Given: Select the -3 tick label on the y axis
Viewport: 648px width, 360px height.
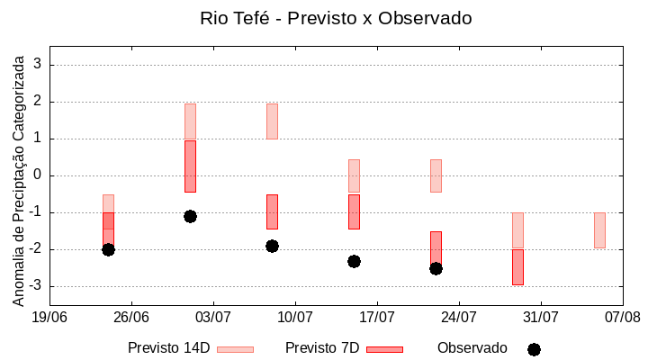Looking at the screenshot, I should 35,286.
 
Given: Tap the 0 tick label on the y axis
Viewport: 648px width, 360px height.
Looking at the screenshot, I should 38,175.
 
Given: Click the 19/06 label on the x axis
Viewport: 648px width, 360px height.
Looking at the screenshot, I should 49,317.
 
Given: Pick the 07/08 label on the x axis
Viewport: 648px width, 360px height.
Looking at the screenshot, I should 622,317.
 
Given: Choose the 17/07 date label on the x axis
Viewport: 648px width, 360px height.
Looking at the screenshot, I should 377,317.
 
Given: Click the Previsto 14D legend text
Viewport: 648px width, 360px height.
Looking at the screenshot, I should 169,347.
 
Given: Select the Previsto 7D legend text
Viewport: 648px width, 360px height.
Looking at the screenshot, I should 322,347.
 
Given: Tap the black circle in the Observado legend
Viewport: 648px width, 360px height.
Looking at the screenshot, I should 534,349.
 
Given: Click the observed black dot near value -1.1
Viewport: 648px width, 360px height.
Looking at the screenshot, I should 190,216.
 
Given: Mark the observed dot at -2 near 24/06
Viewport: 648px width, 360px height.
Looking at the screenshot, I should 108,249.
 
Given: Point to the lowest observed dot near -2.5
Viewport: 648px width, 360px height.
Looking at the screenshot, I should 436,268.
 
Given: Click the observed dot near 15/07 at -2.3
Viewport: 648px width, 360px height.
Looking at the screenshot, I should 354,261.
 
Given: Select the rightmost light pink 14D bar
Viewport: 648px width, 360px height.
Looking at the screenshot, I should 599,230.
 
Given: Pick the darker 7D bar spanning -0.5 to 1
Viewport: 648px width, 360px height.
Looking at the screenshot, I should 190,166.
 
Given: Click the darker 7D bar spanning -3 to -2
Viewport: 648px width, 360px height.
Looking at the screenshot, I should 517,267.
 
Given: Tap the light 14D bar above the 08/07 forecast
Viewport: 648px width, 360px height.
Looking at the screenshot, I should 272,121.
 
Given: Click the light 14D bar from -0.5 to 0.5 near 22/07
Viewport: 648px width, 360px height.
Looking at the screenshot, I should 436,175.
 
